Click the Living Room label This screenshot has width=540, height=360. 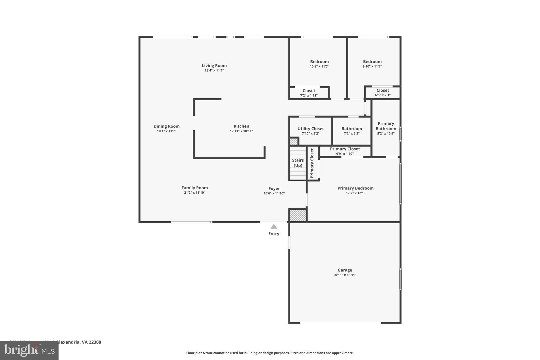pos(214,66)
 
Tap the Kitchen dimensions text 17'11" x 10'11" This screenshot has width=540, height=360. pos(241,131)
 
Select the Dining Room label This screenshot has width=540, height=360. pos(166,126)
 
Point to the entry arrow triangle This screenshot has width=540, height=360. pos(274,227)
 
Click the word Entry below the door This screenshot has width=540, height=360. pos(274,234)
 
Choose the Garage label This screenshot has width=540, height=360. pos(345,270)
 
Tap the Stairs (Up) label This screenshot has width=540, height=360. pos(298,163)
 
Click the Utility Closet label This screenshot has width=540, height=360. pos(311,129)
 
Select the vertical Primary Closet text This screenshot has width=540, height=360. pos(312,163)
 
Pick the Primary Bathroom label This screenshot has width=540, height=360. pos(386,126)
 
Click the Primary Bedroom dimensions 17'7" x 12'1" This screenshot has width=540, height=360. pos(355,193)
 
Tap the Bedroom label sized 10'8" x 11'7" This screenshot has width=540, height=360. pos(319,62)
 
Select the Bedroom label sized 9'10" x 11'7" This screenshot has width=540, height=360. pos(372,62)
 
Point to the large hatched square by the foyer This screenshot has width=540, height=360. pos(298,215)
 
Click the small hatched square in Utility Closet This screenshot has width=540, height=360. pos(294,142)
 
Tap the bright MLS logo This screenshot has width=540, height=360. pos(29,351)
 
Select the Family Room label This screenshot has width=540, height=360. pos(195,188)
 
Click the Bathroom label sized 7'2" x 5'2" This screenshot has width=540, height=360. pos(351,129)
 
